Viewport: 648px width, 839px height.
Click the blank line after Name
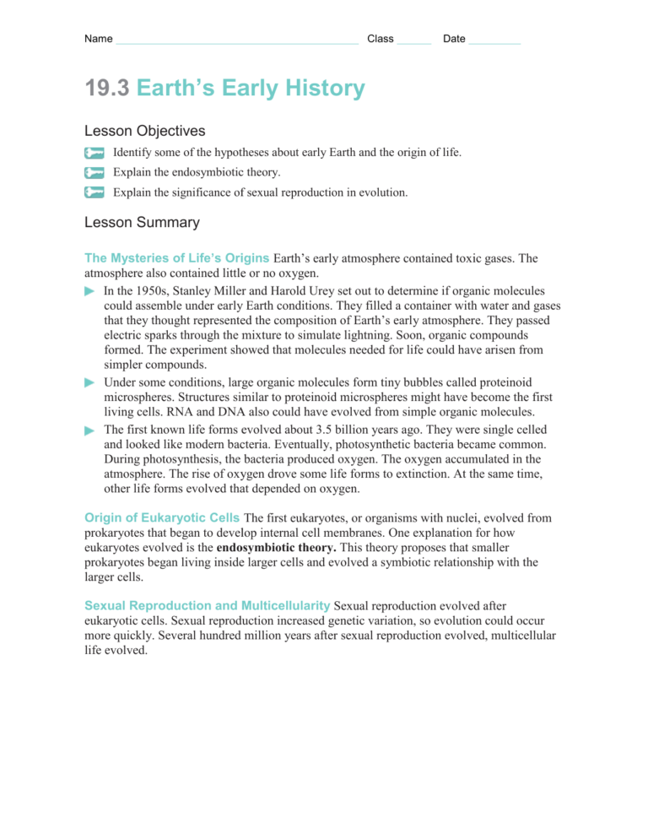(x=237, y=41)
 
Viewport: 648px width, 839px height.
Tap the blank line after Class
(x=413, y=41)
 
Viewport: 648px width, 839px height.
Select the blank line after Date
(x=494, y=41)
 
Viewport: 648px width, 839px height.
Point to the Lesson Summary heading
(x=142, y=223)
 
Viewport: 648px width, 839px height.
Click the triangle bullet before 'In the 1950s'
(x=90, y=290)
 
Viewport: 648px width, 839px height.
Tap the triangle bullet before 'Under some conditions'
(x=90, y=382)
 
